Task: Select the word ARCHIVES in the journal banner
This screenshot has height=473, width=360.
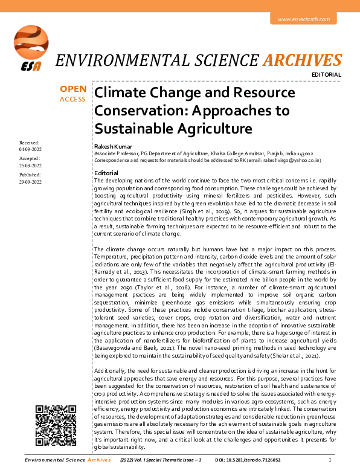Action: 304,60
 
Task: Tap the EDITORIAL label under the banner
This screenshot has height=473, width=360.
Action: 327,75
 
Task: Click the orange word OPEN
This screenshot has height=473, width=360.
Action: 72,89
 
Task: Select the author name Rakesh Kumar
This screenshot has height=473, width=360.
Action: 112,147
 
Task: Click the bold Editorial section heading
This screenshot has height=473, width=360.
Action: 106,173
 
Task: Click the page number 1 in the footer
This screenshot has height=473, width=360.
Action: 329,460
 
